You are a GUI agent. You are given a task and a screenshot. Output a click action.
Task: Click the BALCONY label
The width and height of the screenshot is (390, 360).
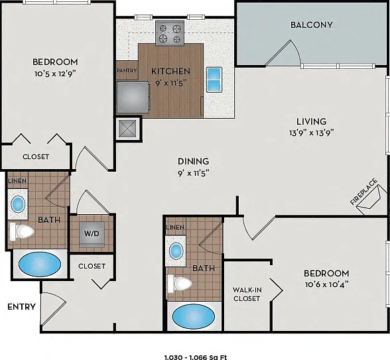coord(312,25)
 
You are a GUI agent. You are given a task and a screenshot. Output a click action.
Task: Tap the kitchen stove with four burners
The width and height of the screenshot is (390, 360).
coord(170,33)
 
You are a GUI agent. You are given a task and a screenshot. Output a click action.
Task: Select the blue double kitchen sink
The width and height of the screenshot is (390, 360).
coord(214,80)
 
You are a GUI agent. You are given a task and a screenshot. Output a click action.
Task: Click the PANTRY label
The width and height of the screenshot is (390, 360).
coord(127,70)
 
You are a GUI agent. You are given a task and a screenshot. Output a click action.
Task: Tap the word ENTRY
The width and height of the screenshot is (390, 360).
coord(22,307)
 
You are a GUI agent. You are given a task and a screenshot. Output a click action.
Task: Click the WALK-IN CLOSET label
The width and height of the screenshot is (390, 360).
coord(247,294)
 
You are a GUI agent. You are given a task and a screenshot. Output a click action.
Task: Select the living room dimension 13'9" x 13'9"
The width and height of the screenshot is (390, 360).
coord(311,133)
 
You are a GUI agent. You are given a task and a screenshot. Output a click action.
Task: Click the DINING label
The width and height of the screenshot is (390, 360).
coord(193,161)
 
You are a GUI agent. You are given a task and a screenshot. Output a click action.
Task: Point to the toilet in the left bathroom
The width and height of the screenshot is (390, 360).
coord(22,231)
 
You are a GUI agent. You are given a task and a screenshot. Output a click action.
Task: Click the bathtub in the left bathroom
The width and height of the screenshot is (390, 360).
coord(40,265)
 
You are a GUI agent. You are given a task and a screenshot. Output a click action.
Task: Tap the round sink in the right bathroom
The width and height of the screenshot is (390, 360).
coord(176,251)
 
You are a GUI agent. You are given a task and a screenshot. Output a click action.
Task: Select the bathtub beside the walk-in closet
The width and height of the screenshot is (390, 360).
coord(194,316)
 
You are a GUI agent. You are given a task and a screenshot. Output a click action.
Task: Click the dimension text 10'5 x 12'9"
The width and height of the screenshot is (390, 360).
coord(55,74)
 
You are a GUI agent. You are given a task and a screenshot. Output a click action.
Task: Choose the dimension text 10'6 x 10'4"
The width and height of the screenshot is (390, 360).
coord(326,284)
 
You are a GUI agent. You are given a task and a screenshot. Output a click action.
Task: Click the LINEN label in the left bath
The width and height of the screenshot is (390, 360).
coord(17,181)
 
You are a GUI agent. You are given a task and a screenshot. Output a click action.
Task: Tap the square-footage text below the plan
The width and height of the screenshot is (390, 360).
coord(196,358)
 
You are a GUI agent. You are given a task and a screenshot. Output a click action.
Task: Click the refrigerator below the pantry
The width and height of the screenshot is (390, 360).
coord(133,97)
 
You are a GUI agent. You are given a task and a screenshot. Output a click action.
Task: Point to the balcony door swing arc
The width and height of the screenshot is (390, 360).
coord(296,50)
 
